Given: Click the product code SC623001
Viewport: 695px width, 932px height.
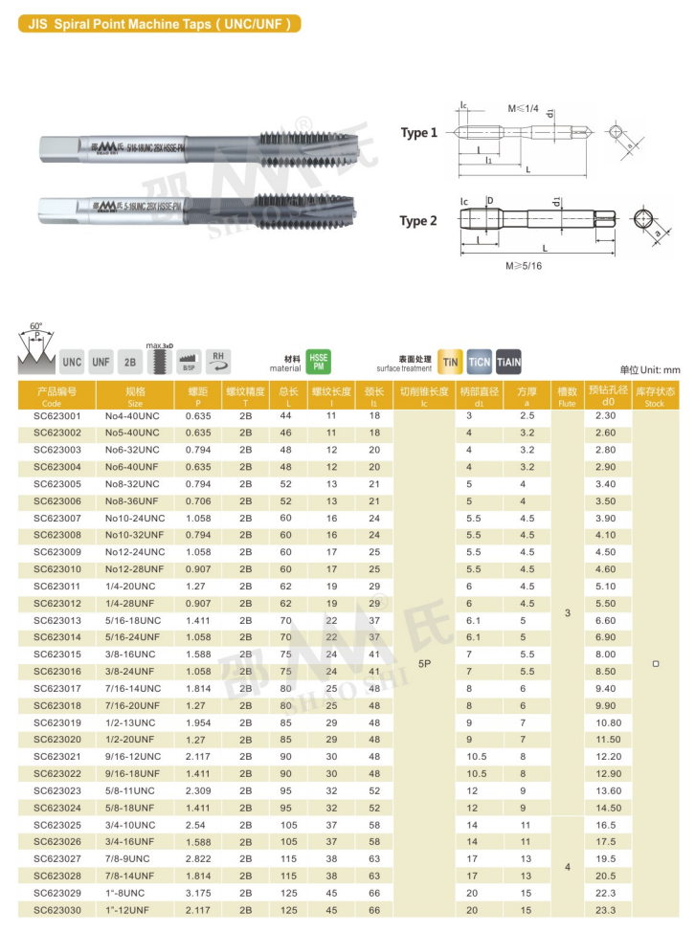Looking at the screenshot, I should (57, 416).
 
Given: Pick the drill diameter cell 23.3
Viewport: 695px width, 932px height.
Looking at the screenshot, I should (605, 910).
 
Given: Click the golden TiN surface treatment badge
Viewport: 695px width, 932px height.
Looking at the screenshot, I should (450, 361).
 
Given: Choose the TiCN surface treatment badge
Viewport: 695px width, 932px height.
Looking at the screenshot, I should (479, 361).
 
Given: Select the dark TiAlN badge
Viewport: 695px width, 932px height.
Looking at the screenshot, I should (508, 361).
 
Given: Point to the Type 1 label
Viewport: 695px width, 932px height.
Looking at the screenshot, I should (418, 133).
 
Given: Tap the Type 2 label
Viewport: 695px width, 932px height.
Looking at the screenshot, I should (418, 221).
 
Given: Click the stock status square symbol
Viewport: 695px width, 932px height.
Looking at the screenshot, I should (655, 663).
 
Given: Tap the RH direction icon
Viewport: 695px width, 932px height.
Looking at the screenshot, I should (218, 361).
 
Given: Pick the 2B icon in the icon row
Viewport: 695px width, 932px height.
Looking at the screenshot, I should (129, 363).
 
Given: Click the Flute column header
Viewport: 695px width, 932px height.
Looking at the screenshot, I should (567, 397).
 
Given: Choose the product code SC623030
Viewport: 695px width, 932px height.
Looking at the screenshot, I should (57, 910).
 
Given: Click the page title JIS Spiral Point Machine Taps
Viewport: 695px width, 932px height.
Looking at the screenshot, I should (159, 23).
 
